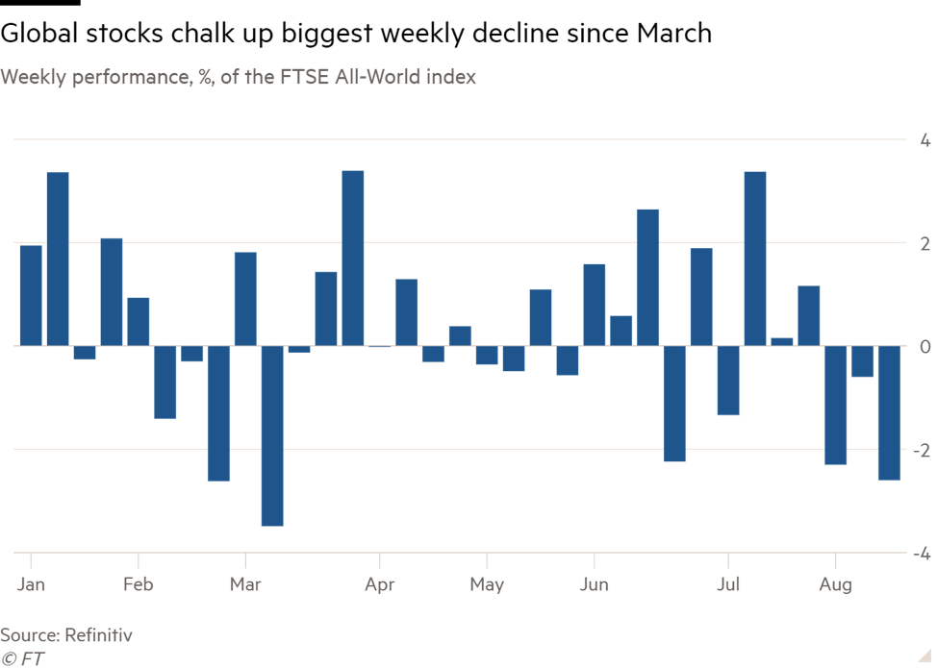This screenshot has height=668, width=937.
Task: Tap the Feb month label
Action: click(139, 585)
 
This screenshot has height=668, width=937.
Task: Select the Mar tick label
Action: click(245, 585)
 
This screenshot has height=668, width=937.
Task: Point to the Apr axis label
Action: click(380, 585)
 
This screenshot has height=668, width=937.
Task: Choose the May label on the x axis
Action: click(487, 585)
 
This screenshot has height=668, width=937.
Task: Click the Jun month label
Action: click(594, 585)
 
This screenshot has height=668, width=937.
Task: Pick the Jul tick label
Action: click(728, 585)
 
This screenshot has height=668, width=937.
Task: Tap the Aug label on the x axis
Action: click(835, 585)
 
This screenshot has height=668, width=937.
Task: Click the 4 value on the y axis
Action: click(924, 140)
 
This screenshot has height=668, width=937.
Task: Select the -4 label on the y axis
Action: click(921, 555)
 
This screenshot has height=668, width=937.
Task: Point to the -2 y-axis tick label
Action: click(921, 451)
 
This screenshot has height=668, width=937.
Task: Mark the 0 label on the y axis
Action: click(924, 347)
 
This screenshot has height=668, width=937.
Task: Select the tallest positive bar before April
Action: click(353, 258)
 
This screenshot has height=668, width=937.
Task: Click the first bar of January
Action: click(31, 295)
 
